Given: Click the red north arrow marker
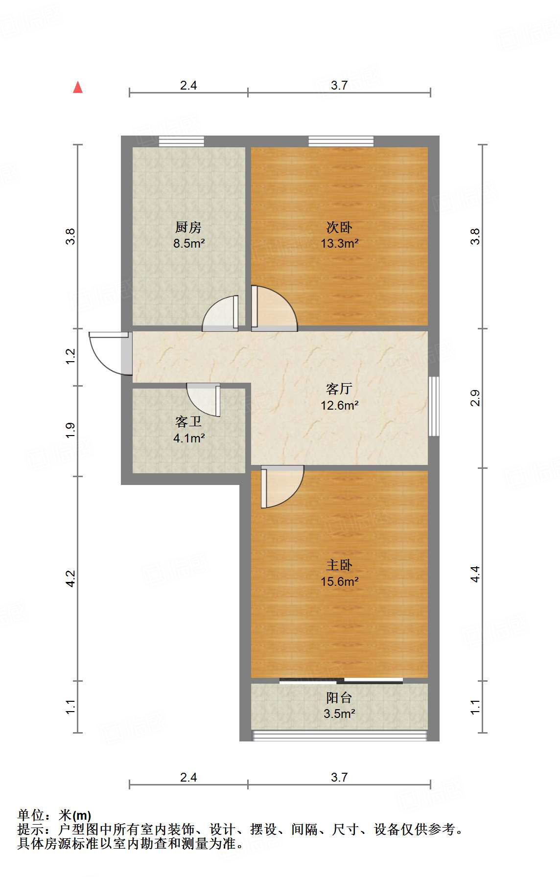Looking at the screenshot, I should pos(78,87).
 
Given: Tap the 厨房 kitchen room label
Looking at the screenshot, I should pos(188,227).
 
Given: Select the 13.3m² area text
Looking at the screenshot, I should pos(339,243).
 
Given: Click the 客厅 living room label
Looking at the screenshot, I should pos(339,389).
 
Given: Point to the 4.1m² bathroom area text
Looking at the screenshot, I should pos(188,438).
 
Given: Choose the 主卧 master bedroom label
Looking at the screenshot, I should pos(339,565).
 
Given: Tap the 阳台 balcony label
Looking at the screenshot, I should pos(339,698).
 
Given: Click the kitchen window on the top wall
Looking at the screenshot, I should pos(181,141).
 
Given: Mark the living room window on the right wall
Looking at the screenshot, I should pos(433,406).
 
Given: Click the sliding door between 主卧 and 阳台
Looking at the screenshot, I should pos(341,680).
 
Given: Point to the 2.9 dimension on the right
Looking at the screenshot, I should pos(475,398).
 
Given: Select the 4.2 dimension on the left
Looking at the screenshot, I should pos(70,578).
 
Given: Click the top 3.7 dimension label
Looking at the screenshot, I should pos(339,86).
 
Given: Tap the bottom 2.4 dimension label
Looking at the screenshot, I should pos(188,777).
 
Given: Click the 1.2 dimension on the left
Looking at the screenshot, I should pos(70,356).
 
